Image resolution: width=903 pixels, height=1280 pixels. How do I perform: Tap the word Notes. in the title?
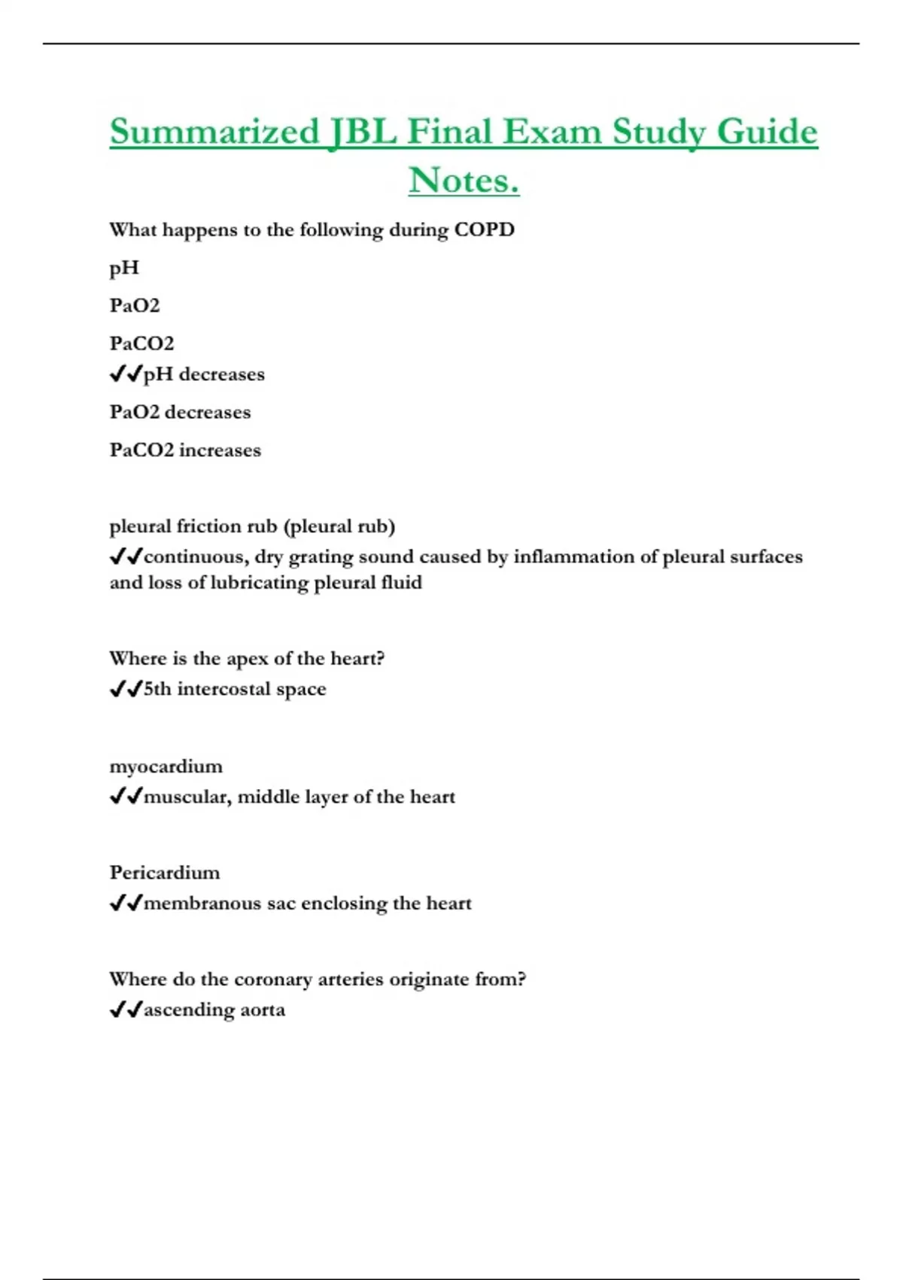tap(464, 181)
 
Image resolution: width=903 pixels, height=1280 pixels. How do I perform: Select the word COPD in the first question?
tap(484, 230)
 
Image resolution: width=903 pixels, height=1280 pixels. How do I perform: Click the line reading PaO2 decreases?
tap(180, 412)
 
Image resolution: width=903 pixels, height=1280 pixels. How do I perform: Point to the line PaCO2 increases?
tap(185, 450)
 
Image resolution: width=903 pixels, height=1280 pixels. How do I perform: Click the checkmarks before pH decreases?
tap(126, 374)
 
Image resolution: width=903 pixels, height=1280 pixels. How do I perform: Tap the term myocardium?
tap(166, 766)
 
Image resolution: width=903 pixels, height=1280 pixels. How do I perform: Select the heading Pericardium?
tap(165, 873)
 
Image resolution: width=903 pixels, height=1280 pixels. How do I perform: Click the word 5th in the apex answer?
tap(157, 689)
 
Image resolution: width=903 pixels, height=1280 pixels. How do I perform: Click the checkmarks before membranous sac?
tap(126, 903)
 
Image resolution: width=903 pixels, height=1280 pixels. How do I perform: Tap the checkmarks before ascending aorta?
tap(126, 1010)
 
